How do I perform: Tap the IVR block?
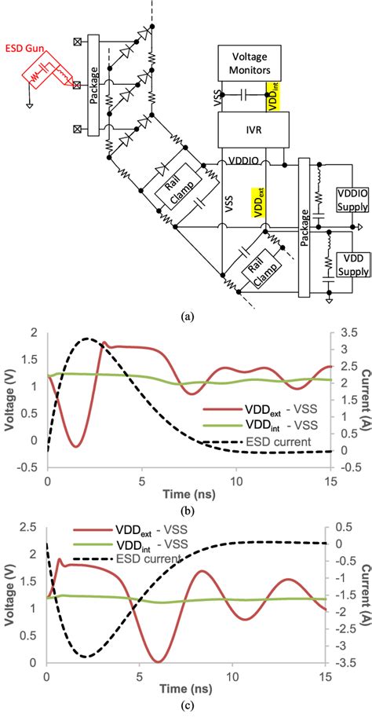tap(253, 125)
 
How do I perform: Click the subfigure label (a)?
tap(186, 316)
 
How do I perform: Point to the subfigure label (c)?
tap(186, 712)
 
